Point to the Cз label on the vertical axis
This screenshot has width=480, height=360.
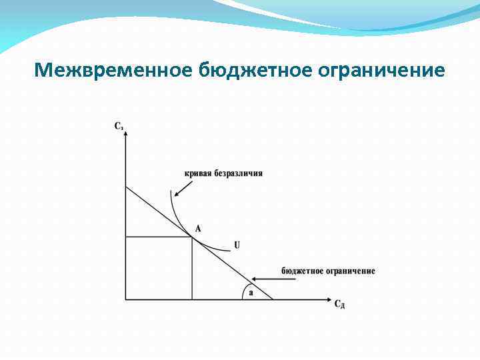[119, 125]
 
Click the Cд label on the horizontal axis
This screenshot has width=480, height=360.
[339, 305]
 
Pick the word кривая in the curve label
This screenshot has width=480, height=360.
[198, 173]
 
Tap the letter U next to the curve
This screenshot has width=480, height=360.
[237, 246]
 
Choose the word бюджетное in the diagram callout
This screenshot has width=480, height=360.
[302, 271]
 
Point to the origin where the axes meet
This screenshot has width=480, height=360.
[125, 299]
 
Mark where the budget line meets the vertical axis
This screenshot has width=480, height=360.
[125, 187]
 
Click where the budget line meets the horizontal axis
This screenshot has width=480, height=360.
[273, 299]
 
